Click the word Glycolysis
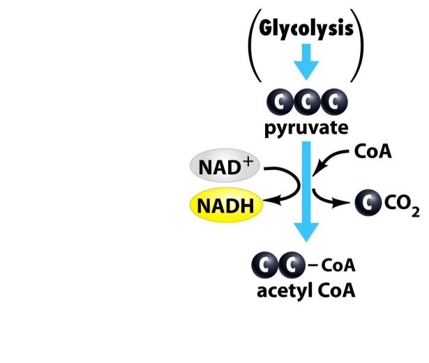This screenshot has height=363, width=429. pos(307,31)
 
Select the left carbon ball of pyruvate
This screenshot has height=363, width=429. pos(280,103)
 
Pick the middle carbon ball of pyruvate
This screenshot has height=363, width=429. pos(307,103)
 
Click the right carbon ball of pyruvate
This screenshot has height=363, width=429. pos(334,103)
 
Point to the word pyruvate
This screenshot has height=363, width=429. pos(306,128)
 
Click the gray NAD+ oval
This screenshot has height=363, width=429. pos(222,167)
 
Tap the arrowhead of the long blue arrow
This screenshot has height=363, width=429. pos(306,233)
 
